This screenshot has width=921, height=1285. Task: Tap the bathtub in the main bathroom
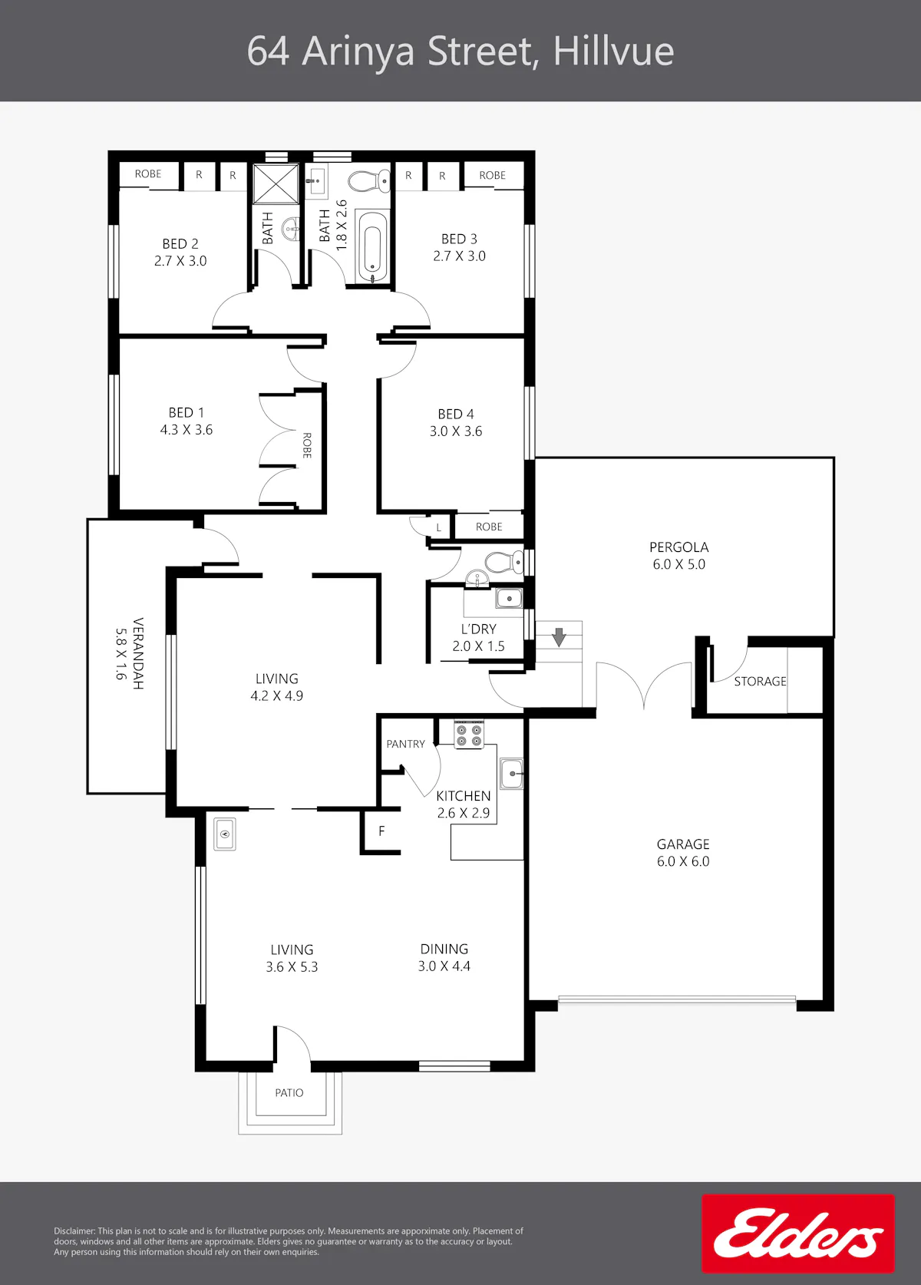click(x=372, y=246)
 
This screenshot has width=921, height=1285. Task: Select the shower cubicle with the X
click(x=276, y=184)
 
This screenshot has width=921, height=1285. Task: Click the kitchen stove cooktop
click(x=468, y=735)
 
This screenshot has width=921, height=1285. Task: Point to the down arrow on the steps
click(x=560, y=637)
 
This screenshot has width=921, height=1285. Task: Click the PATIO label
click(x=289, y=1093)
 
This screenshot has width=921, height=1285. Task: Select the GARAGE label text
click(x=683, y=844)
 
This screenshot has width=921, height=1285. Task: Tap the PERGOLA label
click(x=679, y=547)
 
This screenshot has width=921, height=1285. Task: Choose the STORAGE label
click(x=760, y=681)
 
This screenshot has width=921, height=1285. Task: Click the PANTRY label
click(x=405, y=744)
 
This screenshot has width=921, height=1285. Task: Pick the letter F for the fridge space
click(x=381, y=831)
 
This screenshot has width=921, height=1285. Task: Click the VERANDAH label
click(x=138, y=653)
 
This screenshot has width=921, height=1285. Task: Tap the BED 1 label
click(x=187, y=412)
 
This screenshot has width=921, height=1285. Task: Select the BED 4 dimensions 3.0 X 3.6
click(x=456, y=431)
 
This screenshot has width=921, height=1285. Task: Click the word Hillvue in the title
click(x=614, y=51)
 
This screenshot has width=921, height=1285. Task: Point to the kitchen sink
click(x=511, y=774)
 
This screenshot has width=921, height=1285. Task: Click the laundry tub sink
click(x=509, y=598)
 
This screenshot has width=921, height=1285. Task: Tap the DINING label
click(x=444, y=949)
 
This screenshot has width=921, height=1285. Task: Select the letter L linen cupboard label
click(x=439, y=527)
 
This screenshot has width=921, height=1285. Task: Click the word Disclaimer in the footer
click(x=74, y=1231)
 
